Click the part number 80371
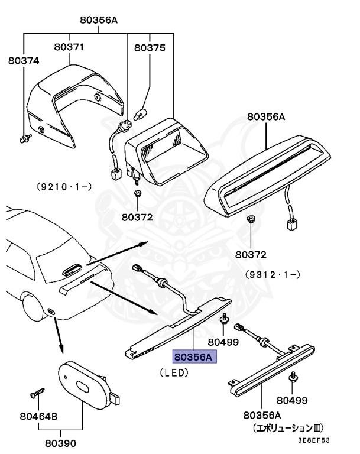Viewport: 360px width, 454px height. pyautogui.click(x=70, y=46)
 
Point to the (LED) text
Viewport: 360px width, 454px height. pyautogui.click(x=174, y=373)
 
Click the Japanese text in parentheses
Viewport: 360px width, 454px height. pyautogui.click(x=288, y=427)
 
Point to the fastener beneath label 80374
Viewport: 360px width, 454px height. pyautogui.click(x=25, y=139)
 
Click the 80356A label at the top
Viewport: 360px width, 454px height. pyautogui.click(x=99, y=20)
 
